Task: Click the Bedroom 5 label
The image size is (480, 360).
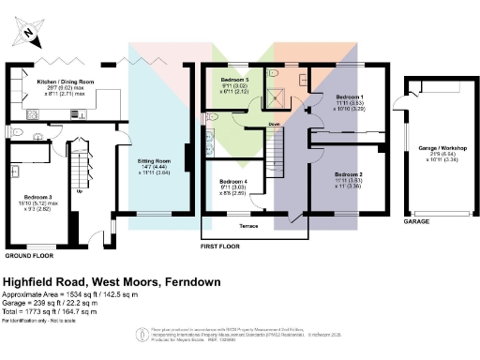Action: click(x=235, y=81)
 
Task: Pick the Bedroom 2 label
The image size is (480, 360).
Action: click(x=349, y=174)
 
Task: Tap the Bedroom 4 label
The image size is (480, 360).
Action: click(x=233, y=181)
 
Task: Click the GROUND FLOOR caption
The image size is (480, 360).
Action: click(x=28, y=255)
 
